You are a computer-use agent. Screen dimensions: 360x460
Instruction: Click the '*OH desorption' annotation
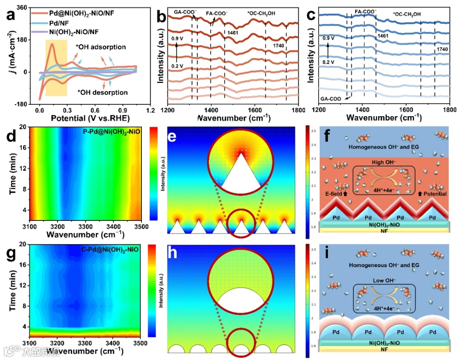click(102, 92)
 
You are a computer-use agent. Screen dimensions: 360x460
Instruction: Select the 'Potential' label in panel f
click(434, 194)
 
